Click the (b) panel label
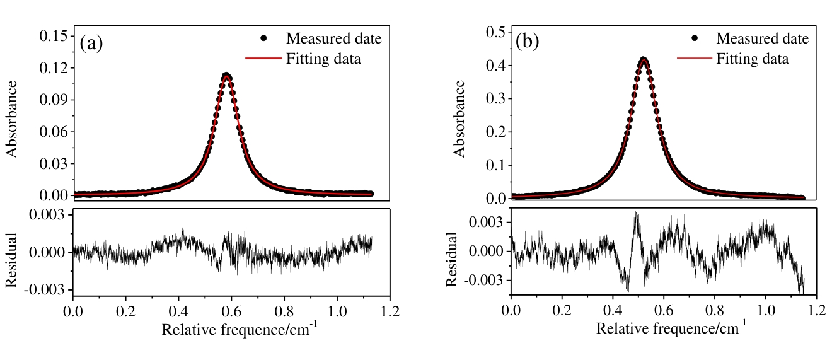tap(528, 42)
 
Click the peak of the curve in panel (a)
tap(226, 76)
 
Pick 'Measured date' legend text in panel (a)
tap(333, 38)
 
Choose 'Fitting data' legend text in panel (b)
tap(752, 59)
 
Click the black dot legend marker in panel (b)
tap(695, 38)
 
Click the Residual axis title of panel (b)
tap(452, 258)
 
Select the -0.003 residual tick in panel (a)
tap(48, 290)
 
